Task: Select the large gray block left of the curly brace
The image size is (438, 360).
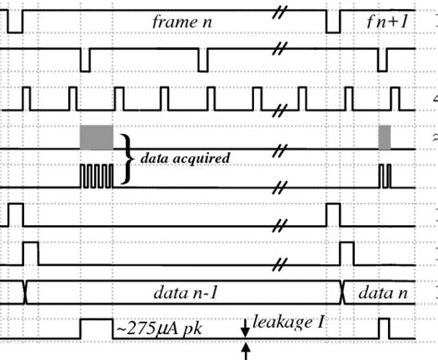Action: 96,136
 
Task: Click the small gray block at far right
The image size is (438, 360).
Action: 384,136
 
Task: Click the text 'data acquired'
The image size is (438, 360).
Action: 185,158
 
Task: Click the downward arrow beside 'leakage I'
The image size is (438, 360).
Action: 246,326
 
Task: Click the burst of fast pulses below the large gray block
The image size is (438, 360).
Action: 96,175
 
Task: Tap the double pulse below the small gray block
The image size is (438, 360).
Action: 384,175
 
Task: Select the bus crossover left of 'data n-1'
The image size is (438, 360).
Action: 26,291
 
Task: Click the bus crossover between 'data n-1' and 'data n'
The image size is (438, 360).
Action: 344,291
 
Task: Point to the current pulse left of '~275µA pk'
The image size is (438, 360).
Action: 95,327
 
